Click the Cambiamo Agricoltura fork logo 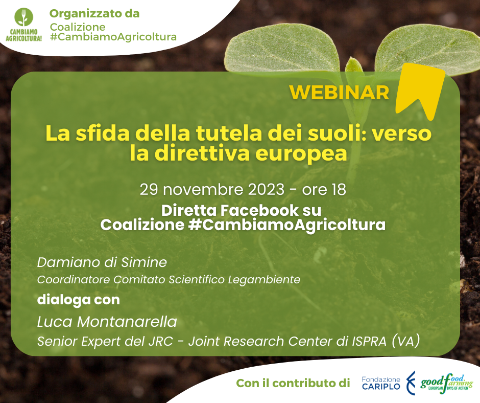[24, 25]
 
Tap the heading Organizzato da [94, 13]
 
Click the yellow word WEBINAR [339, 92]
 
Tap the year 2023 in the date [266, 190]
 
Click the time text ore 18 [324, 190]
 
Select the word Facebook [259, 210]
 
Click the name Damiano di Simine [102, 262]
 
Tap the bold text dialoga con [78, 300]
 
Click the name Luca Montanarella [107, 322]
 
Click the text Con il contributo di [293, 383]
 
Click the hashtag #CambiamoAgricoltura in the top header [113, 37]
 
